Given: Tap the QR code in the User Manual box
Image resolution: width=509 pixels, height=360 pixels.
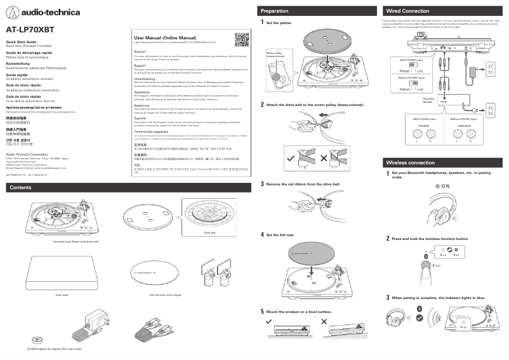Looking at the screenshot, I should pyautogui.click(x=241, y=39).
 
